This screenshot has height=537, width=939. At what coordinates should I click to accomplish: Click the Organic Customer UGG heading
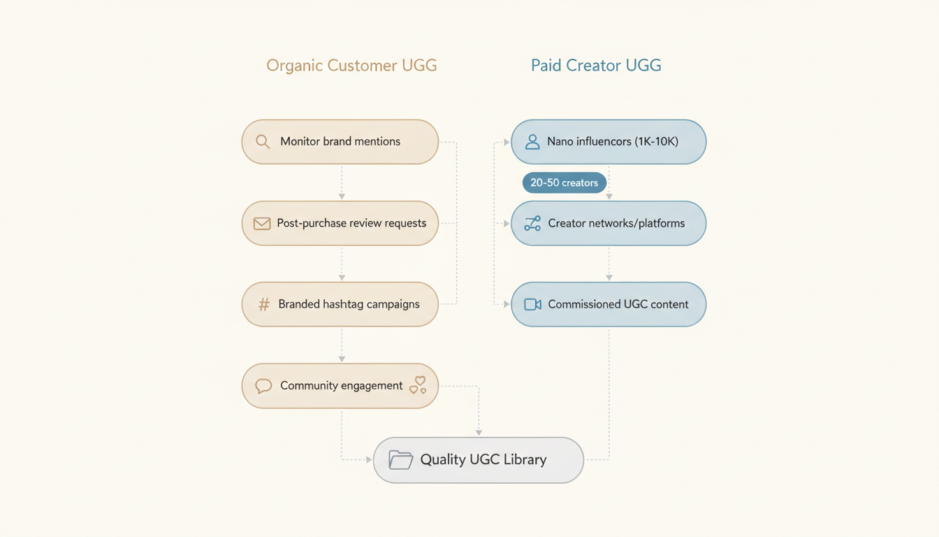tap(351, 66)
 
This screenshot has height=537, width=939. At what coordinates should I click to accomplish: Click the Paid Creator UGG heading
tap(596, 66)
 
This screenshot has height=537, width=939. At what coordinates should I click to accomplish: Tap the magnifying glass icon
tap(263, 142)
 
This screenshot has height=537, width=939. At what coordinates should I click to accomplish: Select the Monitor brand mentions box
tap(340, 142)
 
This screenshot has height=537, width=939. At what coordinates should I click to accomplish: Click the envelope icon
tap(262, 224)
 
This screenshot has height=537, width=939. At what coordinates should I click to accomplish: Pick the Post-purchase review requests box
tap(340, 224)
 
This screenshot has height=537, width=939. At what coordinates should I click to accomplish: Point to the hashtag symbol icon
tap(263, 305)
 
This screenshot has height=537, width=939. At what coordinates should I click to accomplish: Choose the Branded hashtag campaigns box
tap(340, 305)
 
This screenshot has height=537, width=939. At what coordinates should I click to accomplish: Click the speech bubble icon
tap(263, 386)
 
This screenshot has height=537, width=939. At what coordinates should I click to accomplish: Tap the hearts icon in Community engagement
tap(418, 385)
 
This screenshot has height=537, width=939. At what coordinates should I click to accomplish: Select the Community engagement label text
tap(341, 386)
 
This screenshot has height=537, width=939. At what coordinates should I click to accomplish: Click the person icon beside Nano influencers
tap(532, 142)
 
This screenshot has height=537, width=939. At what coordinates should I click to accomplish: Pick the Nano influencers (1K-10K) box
tap(609, 142)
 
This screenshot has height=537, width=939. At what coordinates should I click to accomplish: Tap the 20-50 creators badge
tap(564, 183)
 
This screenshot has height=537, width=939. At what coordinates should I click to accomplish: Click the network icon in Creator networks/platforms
tap(532, 224)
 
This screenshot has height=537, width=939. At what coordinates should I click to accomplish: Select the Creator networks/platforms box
tap(609, 224)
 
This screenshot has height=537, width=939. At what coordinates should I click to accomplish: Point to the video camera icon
tap(532, 305)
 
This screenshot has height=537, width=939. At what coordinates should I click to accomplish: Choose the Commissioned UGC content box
tap(609, 305)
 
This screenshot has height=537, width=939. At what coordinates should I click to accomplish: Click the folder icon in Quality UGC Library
tap(400, 460)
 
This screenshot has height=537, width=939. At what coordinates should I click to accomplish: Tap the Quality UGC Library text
tap(483, 460)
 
